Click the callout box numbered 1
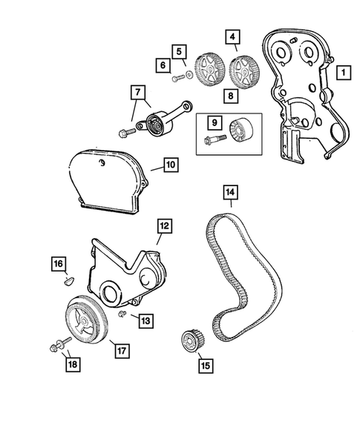(344, 73)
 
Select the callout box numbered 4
(232, 36)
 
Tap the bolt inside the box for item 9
(215, 138)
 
